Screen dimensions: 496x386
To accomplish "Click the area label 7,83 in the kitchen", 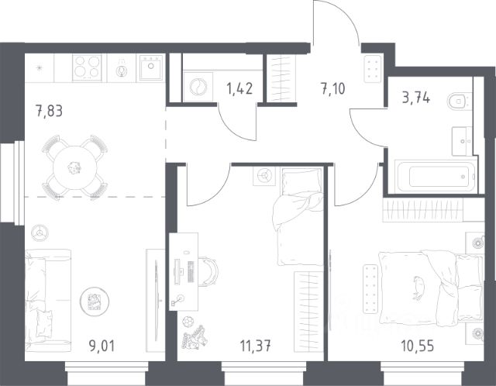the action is click(x=50, y=111).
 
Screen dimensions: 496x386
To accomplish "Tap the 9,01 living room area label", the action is click(x=102, y=346).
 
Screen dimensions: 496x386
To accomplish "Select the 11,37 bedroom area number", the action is click(x=255, y=346).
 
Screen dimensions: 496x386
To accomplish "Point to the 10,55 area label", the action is click(x=417, y=346).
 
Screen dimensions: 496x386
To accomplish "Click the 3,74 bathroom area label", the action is click(x=416, y=98).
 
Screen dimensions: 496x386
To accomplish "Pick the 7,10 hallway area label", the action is click(x=333, y=88).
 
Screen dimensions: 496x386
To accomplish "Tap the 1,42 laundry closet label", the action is click(x=239, y=88).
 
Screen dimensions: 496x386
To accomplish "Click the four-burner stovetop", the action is click(x=87, y=67).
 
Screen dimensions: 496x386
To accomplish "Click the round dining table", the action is click(x=76, y=167).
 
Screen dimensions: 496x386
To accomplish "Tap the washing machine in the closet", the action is click(x=198, y=87).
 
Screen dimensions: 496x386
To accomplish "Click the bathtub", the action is click(x=436, y=176).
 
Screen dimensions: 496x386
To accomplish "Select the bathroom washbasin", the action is click(x=462, y=141).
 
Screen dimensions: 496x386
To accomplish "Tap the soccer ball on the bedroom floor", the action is click(x=188, y=322).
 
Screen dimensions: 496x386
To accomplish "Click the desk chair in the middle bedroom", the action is click(x=208, y=271).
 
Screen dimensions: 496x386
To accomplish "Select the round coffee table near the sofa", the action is click(x=95, y=302).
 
